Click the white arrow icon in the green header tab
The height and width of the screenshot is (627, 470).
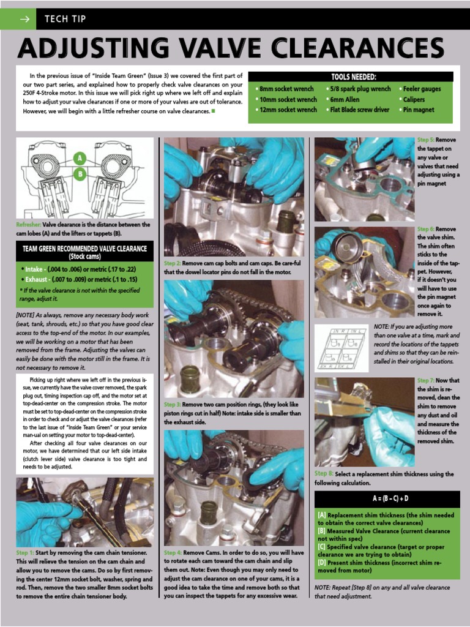point(24,19)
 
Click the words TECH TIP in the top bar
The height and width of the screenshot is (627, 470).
point(65,19)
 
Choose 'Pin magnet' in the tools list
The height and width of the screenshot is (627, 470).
point(418,110)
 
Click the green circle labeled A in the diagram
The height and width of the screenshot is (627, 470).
point(78,159)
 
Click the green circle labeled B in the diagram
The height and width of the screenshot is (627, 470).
point(78,174)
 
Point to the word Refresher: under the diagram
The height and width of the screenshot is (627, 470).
point(28,225)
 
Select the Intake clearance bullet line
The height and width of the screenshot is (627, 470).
point(78,269)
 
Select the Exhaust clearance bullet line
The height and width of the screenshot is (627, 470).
point(78,279)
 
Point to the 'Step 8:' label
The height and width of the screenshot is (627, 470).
point(324,474)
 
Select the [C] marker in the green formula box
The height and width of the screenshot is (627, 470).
point(322,547)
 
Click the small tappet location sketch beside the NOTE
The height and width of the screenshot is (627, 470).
point(341,348)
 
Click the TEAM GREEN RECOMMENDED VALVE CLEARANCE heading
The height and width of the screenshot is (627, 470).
point(84,252)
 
